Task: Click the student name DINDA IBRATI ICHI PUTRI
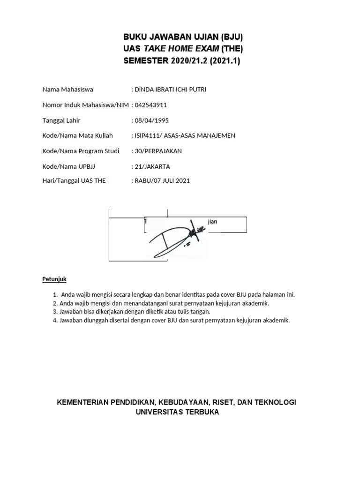pos(170,89)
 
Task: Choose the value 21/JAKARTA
pos(152,166)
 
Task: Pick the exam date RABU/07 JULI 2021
pos(162,180)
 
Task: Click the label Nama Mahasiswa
pos(67,89)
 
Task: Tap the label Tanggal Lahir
pos(62,120)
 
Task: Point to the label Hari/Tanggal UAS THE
pos(74,180)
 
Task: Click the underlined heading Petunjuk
pos(54,279)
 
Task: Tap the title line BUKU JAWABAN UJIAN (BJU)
pos(183,37)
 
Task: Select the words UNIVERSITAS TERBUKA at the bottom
pos(177,412)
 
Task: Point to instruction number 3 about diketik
pos(131,311)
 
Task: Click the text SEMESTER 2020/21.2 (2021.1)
pos(181,60)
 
